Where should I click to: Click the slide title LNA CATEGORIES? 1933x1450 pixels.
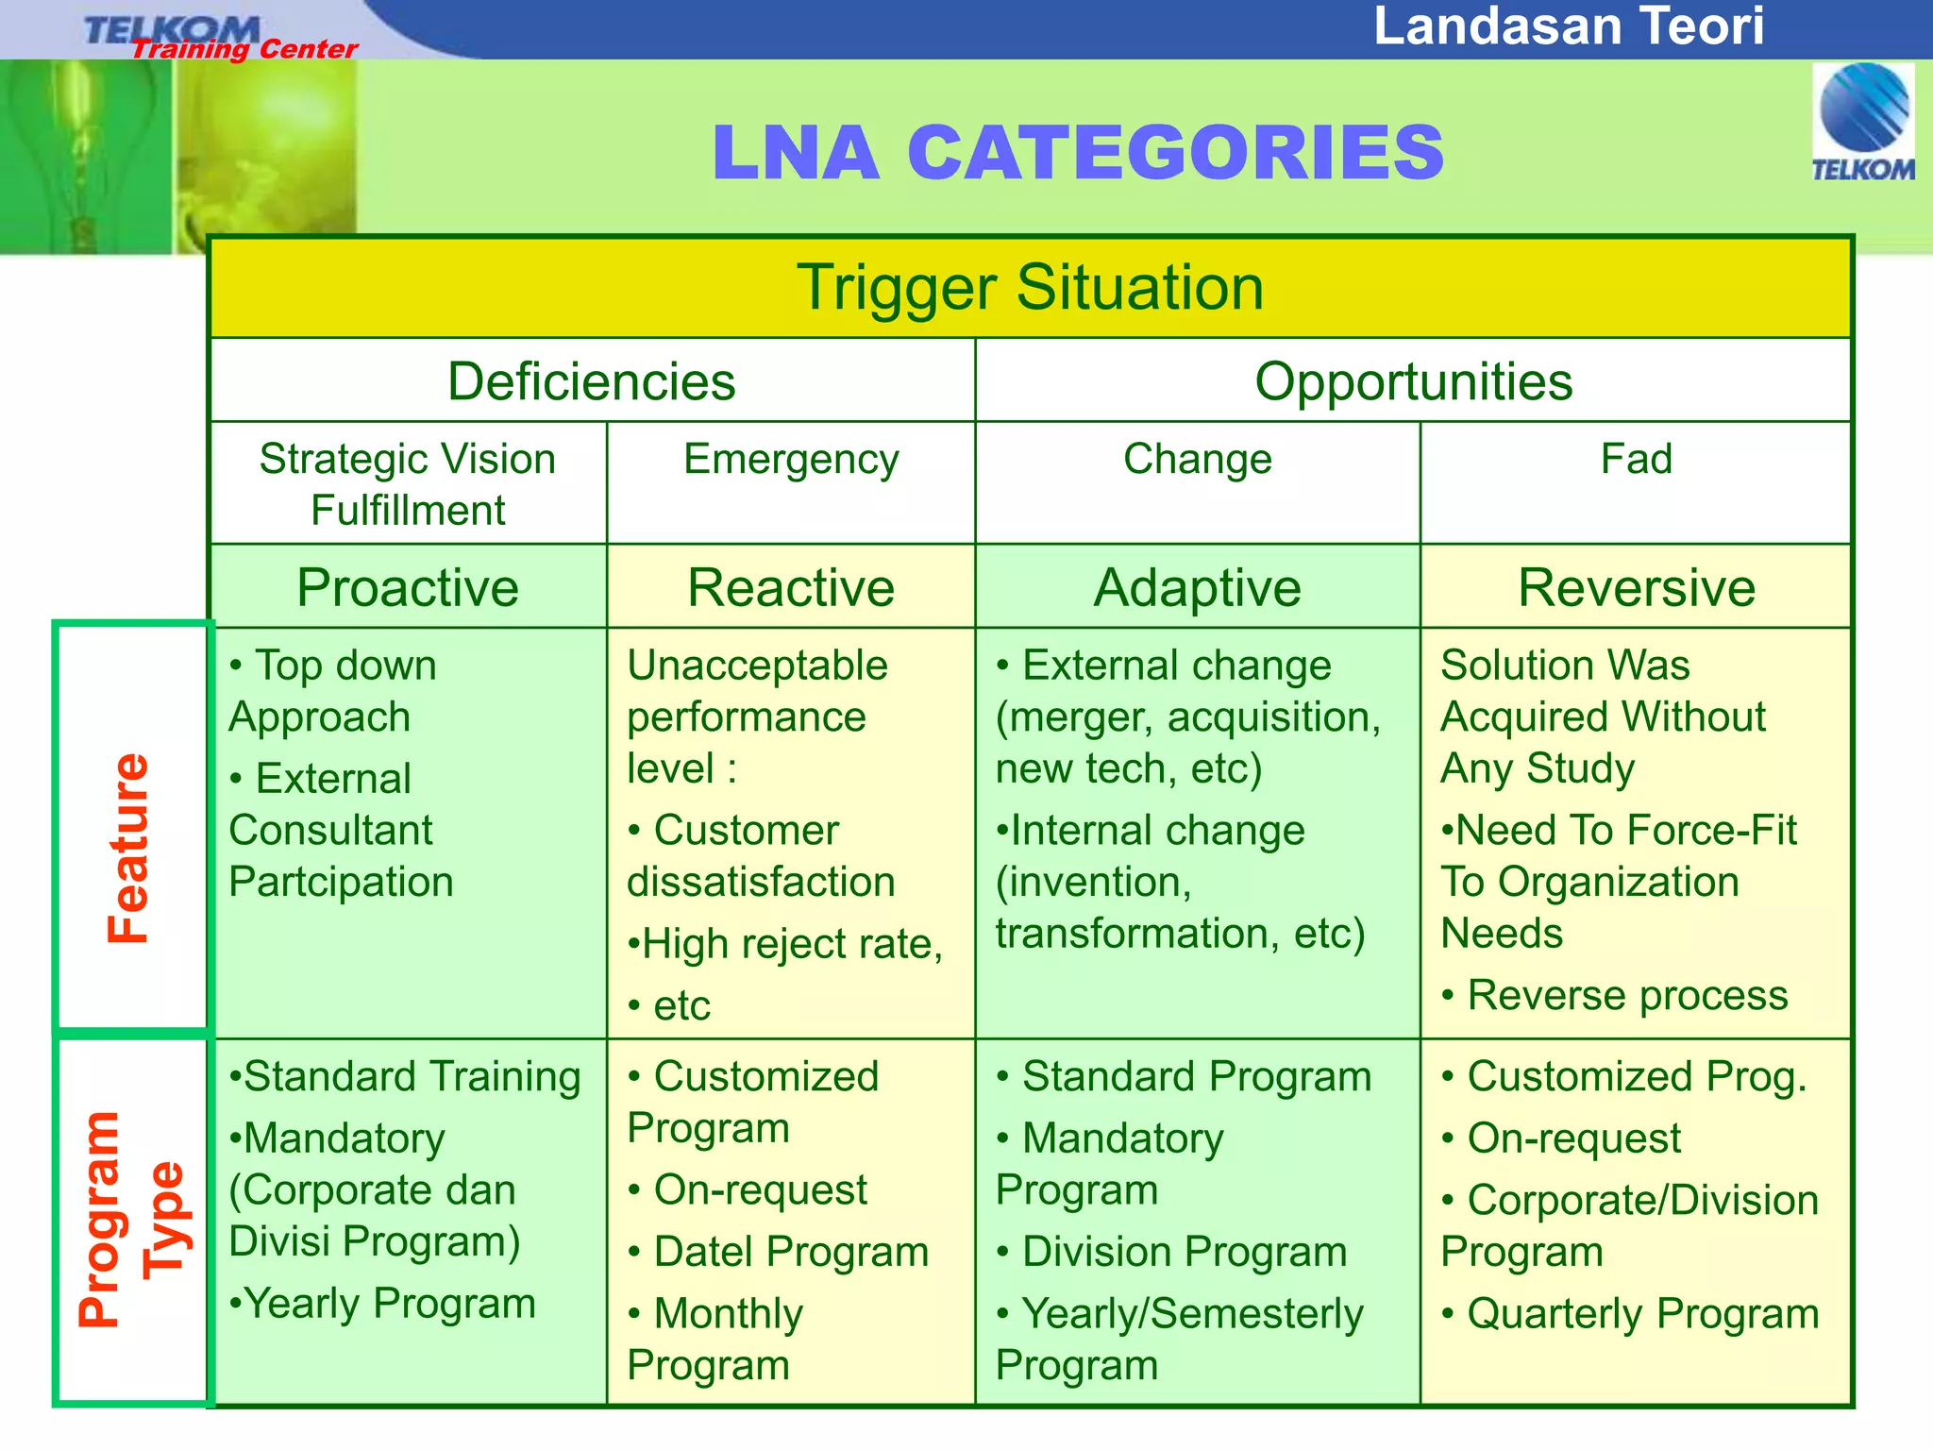tap(1077, 153)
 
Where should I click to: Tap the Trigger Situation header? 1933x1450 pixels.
tap(1030, 287)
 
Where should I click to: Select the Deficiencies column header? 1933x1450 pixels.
tap(591, 381)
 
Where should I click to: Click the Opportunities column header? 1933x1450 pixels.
tap(1413, 381)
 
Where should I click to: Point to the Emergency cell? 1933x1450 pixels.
tap(791, 460)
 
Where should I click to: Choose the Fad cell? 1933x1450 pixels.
tap(1636, 460)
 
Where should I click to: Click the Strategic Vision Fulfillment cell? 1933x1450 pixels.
tap(408, 484)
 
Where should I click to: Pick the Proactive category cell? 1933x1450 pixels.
tap(408, 587)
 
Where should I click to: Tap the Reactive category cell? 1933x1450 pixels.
tap(791, 587)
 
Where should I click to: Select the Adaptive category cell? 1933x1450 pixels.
tap(1197, 587)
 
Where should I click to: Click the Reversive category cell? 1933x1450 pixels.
tap(1636, 587)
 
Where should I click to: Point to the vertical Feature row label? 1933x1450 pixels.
tap(128, 847)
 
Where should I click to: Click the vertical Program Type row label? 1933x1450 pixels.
tap(132, 1220)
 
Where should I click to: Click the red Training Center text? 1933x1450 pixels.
tap(244, 49)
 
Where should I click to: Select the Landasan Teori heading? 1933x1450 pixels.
tap(1568, 26)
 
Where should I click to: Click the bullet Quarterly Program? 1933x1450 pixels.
tap(1642, 1314)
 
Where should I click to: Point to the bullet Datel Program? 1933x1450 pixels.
tap(791, 1253)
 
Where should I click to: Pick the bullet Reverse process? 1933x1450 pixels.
tap(1627, 996)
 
